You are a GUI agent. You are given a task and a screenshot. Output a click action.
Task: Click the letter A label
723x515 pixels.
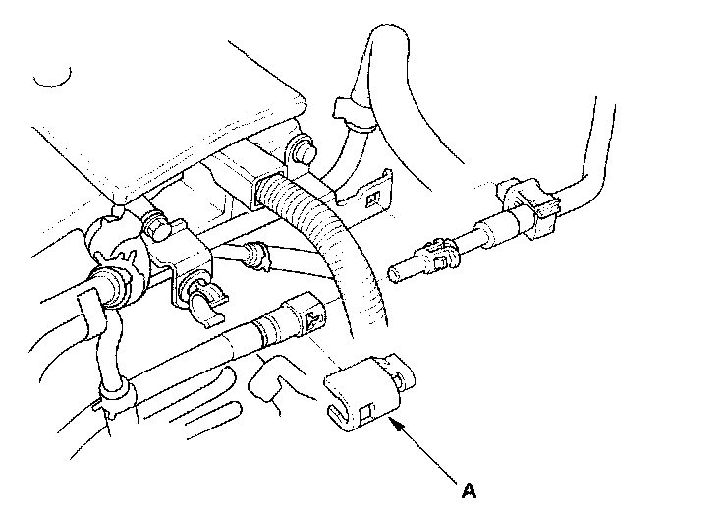[x=469, y=490]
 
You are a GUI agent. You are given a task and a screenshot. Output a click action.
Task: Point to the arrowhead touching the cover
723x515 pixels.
[x=397, y=424]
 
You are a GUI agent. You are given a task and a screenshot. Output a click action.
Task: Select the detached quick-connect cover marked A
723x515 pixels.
[x=368, y=393]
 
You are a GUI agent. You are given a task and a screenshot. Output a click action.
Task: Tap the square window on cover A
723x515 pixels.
[x=366, y=412]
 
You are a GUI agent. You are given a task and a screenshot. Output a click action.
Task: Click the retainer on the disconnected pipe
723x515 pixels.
[x=438, y=255]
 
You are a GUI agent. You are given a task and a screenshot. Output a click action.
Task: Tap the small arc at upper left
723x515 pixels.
[x=53, y=79]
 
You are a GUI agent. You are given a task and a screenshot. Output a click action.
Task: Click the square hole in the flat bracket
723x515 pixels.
[x=372, y=200]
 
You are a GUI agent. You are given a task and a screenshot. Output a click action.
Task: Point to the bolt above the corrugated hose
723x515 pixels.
[x=303, y=150]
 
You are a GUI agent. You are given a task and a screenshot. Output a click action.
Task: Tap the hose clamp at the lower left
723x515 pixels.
[x=118, y=398]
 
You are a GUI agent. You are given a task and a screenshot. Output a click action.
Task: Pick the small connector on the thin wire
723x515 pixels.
[x=256, y=256]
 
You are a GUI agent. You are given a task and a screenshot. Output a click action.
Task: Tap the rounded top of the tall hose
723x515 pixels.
[x=390, y=33]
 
